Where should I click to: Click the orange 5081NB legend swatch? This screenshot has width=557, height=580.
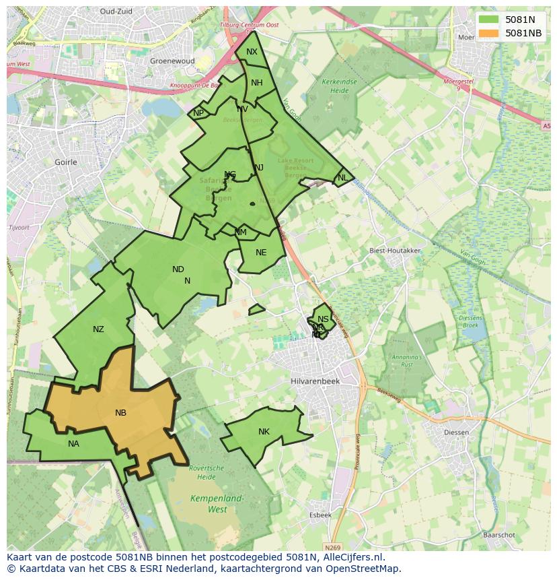pos(490,33)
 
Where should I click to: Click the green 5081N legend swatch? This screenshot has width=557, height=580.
pos(490,20)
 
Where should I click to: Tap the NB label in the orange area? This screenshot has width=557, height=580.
pos(120,413)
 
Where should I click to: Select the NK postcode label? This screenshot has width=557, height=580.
pos(264,432)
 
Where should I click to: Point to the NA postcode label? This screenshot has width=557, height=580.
pos(73,443)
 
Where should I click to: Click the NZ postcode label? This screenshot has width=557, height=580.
pos(98,329)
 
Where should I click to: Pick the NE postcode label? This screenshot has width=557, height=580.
pos(261,253)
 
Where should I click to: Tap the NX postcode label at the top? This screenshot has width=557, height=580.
pos(252,52)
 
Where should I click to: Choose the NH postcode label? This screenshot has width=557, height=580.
pos(257,83)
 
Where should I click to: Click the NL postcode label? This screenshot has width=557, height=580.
pos(342,178)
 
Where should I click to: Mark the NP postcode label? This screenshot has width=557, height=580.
pos(198,113)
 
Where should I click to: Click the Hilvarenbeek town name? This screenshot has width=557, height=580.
pos(315,381)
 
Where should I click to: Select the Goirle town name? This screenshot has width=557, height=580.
pos(66,162)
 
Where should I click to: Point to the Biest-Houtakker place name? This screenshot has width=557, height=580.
pos(395,251)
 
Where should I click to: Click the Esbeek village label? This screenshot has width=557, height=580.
pos(320,515)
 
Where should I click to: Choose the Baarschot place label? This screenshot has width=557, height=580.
pos(498,535)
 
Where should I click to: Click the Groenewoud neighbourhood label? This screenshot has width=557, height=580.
pos(172,61)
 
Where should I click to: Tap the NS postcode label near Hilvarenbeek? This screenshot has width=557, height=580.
pos(324,319)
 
